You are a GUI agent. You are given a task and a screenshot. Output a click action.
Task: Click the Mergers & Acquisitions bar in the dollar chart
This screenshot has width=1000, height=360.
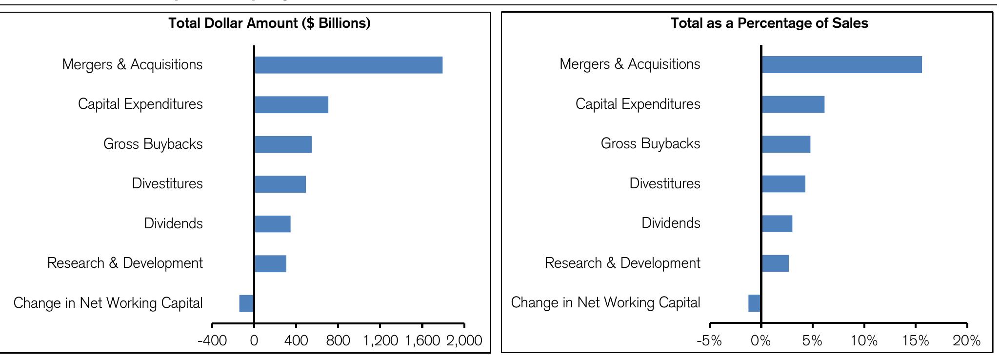click(348, 65)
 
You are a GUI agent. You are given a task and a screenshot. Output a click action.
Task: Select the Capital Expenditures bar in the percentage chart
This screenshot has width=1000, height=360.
click(793, 104)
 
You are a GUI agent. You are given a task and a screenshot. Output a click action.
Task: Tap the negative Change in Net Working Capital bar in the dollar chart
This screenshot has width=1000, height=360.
click(246, 303)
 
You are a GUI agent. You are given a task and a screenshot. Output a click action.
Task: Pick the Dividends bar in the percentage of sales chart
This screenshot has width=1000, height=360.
click(777, 223)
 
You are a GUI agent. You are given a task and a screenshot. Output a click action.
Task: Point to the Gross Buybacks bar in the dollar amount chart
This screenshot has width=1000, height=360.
click(283, 144)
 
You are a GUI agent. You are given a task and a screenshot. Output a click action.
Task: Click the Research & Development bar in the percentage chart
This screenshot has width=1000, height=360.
click(775, 263)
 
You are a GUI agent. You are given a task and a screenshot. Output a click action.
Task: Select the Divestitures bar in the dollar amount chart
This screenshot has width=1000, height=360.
click(280, 184)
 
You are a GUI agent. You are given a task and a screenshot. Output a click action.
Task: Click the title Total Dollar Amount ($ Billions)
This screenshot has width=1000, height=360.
click(269, 23)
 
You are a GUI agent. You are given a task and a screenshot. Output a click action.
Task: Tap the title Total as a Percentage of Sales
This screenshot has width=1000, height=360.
click(769, 23)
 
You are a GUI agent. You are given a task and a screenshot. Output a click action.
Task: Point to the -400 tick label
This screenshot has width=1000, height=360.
click(212, 340)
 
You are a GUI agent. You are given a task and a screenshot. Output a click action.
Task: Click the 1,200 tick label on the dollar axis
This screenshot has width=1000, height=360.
click(380, 340)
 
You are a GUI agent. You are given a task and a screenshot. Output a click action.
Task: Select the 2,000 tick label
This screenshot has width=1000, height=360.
click(464, 340)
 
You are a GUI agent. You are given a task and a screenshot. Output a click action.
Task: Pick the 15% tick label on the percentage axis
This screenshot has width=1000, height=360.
click(915, 340)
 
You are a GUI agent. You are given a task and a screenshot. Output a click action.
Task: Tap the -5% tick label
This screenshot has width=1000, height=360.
click(709, 340)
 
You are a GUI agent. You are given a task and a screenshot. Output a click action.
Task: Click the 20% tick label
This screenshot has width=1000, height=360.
click(966, 340)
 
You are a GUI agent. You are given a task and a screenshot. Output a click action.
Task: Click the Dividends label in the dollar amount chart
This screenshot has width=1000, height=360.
click(173, 223)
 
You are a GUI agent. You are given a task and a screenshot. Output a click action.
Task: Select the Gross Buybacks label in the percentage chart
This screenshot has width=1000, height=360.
click(650, 143)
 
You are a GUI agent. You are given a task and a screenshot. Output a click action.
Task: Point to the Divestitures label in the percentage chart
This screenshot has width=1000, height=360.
click(664, 183)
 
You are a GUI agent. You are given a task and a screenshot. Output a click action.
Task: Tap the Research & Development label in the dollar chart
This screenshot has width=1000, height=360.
click(125, 263)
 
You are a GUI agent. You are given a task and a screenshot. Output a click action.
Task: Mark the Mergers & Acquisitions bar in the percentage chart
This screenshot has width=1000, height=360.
click(841, 64)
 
